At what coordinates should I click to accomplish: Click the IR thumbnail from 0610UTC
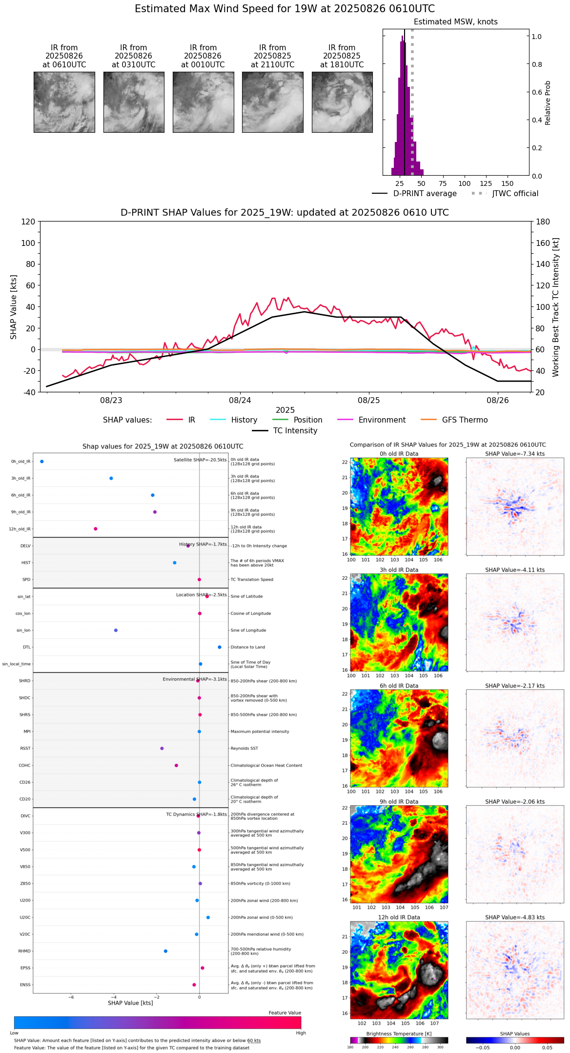[64, 102]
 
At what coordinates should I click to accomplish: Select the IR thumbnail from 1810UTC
[342, 102]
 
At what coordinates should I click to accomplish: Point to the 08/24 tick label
[240, 401]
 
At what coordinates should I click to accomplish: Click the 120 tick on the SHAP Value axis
[28, 222]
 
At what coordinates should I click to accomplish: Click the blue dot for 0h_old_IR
[42, 462]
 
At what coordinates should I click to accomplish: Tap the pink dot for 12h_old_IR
[96, 529]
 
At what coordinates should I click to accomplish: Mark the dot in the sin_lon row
[116, 630]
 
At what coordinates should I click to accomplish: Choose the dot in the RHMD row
[165, 951]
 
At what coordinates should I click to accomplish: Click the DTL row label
[26, 648]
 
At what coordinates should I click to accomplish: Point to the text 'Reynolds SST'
[244, 749]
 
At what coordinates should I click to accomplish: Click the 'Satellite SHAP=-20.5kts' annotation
[200, 460]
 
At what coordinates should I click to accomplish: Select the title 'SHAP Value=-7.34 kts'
[515, 454]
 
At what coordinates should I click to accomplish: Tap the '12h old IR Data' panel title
[399, 917]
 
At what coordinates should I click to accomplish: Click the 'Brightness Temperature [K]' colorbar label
[399, 1034]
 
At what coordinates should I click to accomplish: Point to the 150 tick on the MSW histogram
[508, 184]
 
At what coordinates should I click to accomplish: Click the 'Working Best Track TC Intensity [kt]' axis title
[555, 307]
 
